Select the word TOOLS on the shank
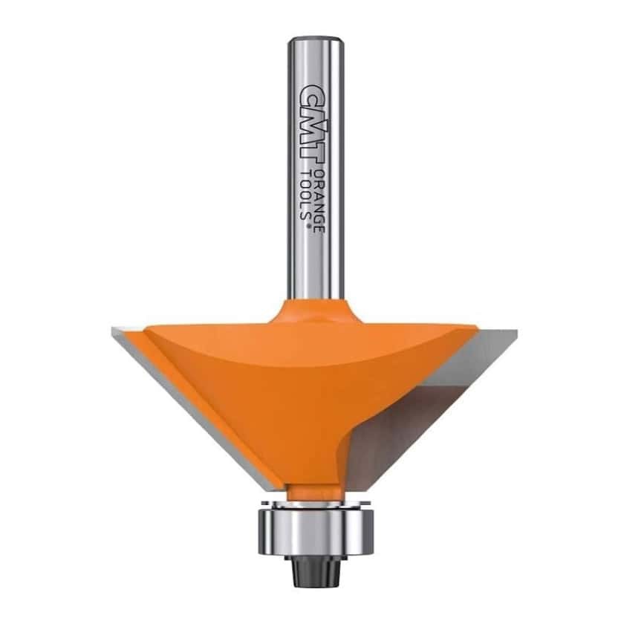pos(305,195)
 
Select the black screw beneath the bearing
pos(315,570)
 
